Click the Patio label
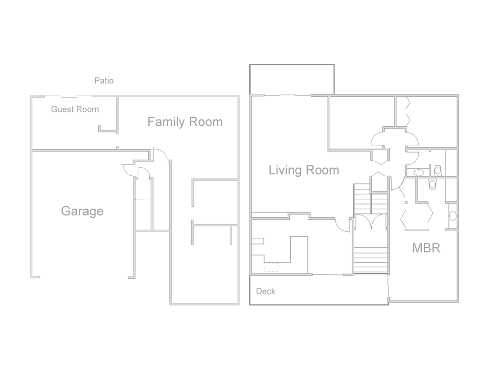[104, 81]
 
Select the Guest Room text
[75, 109]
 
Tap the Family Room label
[185, 122]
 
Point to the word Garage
[82, 211]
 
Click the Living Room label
[304, 170]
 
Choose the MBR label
[426, 248]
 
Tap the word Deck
[265, 291]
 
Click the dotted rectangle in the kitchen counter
[271, 267]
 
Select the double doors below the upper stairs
[371, 221]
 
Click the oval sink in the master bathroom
[453, 216]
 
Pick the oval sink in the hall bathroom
[419, 173]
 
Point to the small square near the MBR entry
[406, 203]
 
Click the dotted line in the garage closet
[142, 199]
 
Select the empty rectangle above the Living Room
[292, 80]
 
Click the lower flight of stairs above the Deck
[371, 260]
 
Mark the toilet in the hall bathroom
[437, 171]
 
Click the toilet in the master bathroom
[432, 184]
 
